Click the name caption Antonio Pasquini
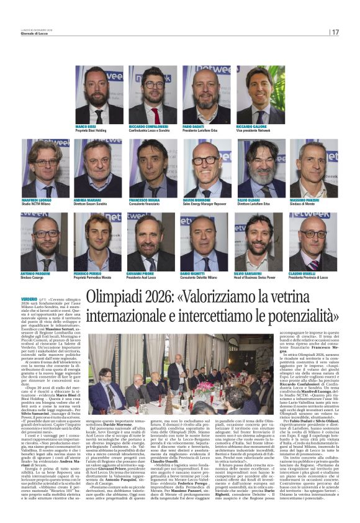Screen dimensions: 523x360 click(37, 275)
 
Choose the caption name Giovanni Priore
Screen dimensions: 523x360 click(142, 275)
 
